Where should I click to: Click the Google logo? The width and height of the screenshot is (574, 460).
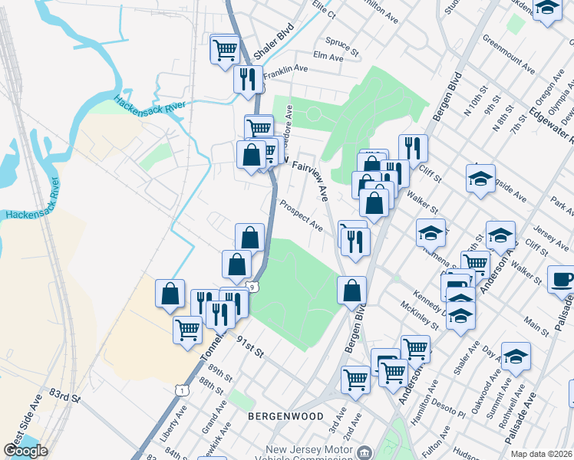pyautogui.click(x=25, y=451)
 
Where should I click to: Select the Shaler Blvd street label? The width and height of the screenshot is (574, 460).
pyautogui.click(x=274, y=42)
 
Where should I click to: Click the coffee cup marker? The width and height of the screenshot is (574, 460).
pyautogui.click(x=562, y=281)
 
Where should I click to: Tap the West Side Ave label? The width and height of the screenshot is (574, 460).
pyautogui.click(x=21, y=429)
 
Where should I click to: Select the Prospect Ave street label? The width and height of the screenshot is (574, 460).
pyautogui.click(x=301, y=215)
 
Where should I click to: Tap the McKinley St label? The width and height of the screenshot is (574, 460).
pyautogui.click(x=419, y=317)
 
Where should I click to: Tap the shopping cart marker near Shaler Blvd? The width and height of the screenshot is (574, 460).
pyautogui.click(x=224, y=51)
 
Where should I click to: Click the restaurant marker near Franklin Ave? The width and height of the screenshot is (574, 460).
pyautogui.click(x=248, y=79)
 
